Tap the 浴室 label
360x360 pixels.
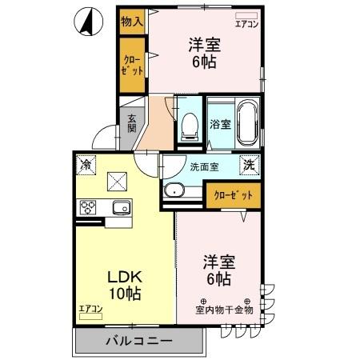220,125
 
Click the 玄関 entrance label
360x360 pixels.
131,122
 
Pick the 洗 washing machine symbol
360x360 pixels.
250,165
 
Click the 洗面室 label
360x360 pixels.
204,168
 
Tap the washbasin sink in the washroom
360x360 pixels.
174,190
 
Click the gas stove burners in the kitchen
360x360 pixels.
88,208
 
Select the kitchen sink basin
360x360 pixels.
119,209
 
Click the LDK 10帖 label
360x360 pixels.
125,283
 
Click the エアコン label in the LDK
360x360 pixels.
90,309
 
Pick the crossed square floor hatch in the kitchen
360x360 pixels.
118,180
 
